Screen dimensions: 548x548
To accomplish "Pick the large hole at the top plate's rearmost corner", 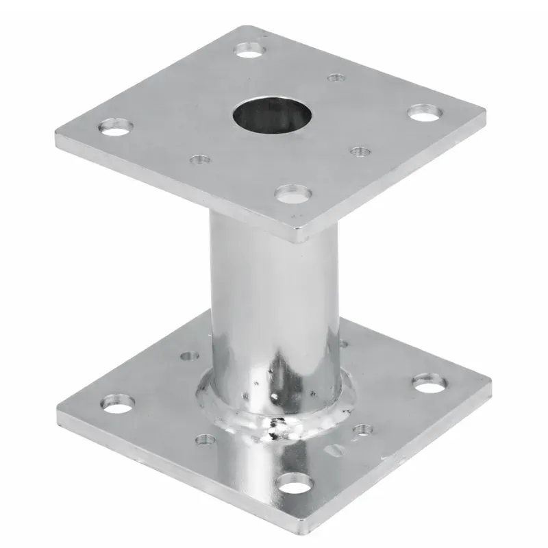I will tap(248, 49).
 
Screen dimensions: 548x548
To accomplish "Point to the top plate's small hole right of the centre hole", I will tap(359, 150).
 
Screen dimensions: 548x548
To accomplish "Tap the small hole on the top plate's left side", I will tap(199, 160).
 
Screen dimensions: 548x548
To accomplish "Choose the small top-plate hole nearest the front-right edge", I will tap(359, 150).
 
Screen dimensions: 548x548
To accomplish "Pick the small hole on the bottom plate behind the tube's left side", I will tap(188, 356).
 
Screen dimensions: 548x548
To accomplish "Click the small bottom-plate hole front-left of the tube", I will tap(203, 439).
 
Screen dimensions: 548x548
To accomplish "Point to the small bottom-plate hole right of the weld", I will tap(362, 430).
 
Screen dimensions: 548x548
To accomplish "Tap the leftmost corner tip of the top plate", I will tap(56, 142).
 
